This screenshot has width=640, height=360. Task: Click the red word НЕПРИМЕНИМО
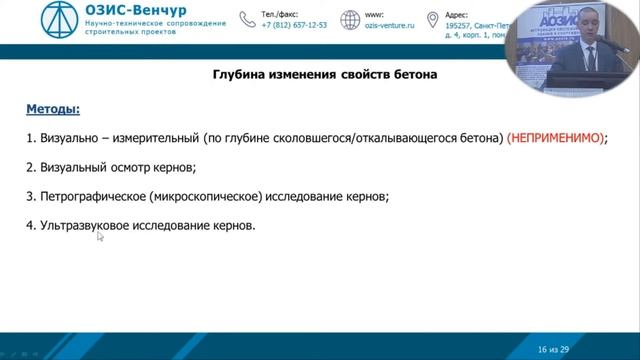coord(556,139)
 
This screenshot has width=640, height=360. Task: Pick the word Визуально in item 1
coord(67,139)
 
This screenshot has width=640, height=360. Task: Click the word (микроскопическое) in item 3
coord(211,197)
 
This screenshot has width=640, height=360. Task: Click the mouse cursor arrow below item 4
coord(100,237)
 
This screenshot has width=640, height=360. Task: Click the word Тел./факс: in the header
coord(281,15)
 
